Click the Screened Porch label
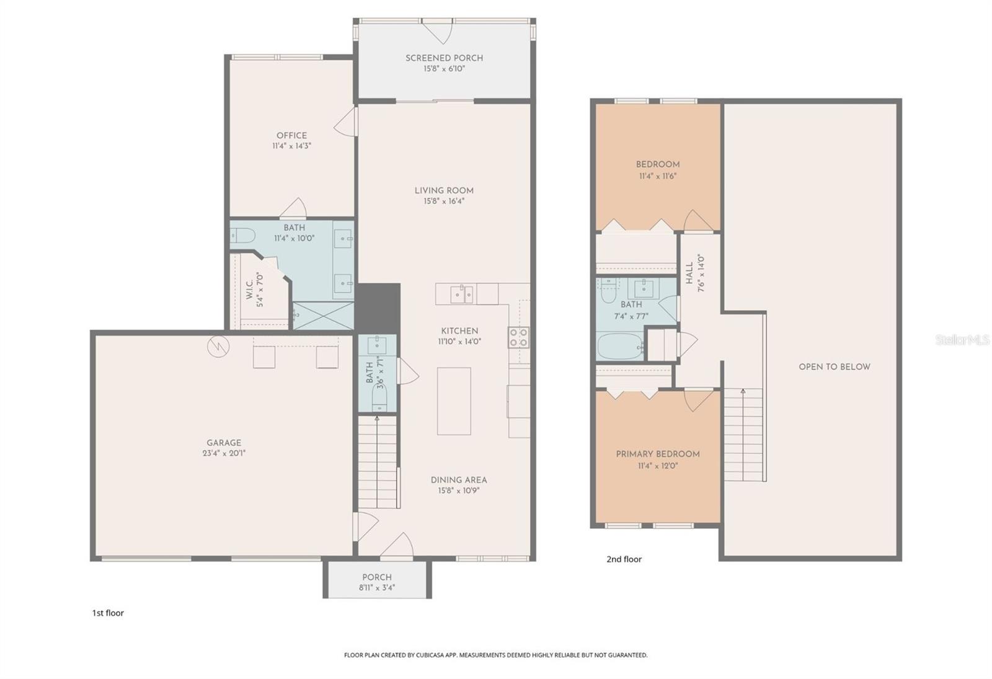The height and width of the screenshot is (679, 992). point(444,58)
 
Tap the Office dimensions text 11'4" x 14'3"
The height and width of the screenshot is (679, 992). point(291,146)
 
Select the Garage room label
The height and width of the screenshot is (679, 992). point(224,443)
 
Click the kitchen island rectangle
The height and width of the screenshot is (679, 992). point(454,401)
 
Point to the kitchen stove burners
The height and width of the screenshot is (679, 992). point(518,337)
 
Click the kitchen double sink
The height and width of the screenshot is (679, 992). point(462,294)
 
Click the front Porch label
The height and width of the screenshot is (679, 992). point(377,577)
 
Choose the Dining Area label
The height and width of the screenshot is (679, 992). point(459,480)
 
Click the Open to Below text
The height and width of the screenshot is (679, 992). point(834,366)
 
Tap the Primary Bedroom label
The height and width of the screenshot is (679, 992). point(657,454)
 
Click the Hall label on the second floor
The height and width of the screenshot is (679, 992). point(689,273)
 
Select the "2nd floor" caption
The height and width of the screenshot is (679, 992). point(624,559)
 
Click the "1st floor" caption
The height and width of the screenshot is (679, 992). point(108,613)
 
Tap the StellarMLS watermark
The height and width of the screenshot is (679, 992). point(962,340)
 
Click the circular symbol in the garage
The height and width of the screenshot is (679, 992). point(218,347)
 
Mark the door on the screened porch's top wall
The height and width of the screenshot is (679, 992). point(438,31)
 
